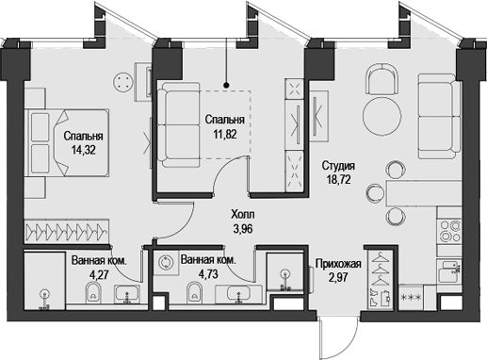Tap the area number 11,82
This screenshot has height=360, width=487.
tap(224, 134)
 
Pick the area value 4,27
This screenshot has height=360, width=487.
tap(98, 276)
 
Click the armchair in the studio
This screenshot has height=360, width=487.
tap(384, 81)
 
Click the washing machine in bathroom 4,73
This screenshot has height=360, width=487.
tap(167, 264)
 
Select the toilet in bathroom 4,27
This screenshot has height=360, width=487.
tap(91, 299)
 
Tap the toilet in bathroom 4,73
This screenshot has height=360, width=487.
tap(195, 299)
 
